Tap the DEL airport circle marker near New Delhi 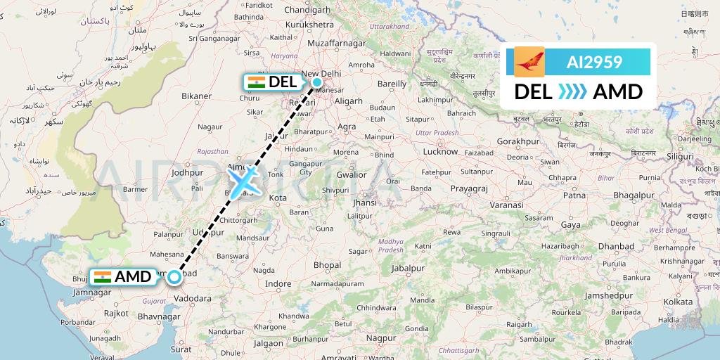tap(317, 82)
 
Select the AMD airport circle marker tap(174, 277)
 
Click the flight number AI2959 tap(594, 62)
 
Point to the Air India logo tap(529, 62)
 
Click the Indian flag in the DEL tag tap(256, 82)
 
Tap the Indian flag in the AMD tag tap(103, 276)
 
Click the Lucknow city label tap(440, 151)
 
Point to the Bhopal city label tap(327, 265)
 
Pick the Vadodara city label tap(193, 298)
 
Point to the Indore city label tap(278, 283)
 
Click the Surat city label tap(181, 349)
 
